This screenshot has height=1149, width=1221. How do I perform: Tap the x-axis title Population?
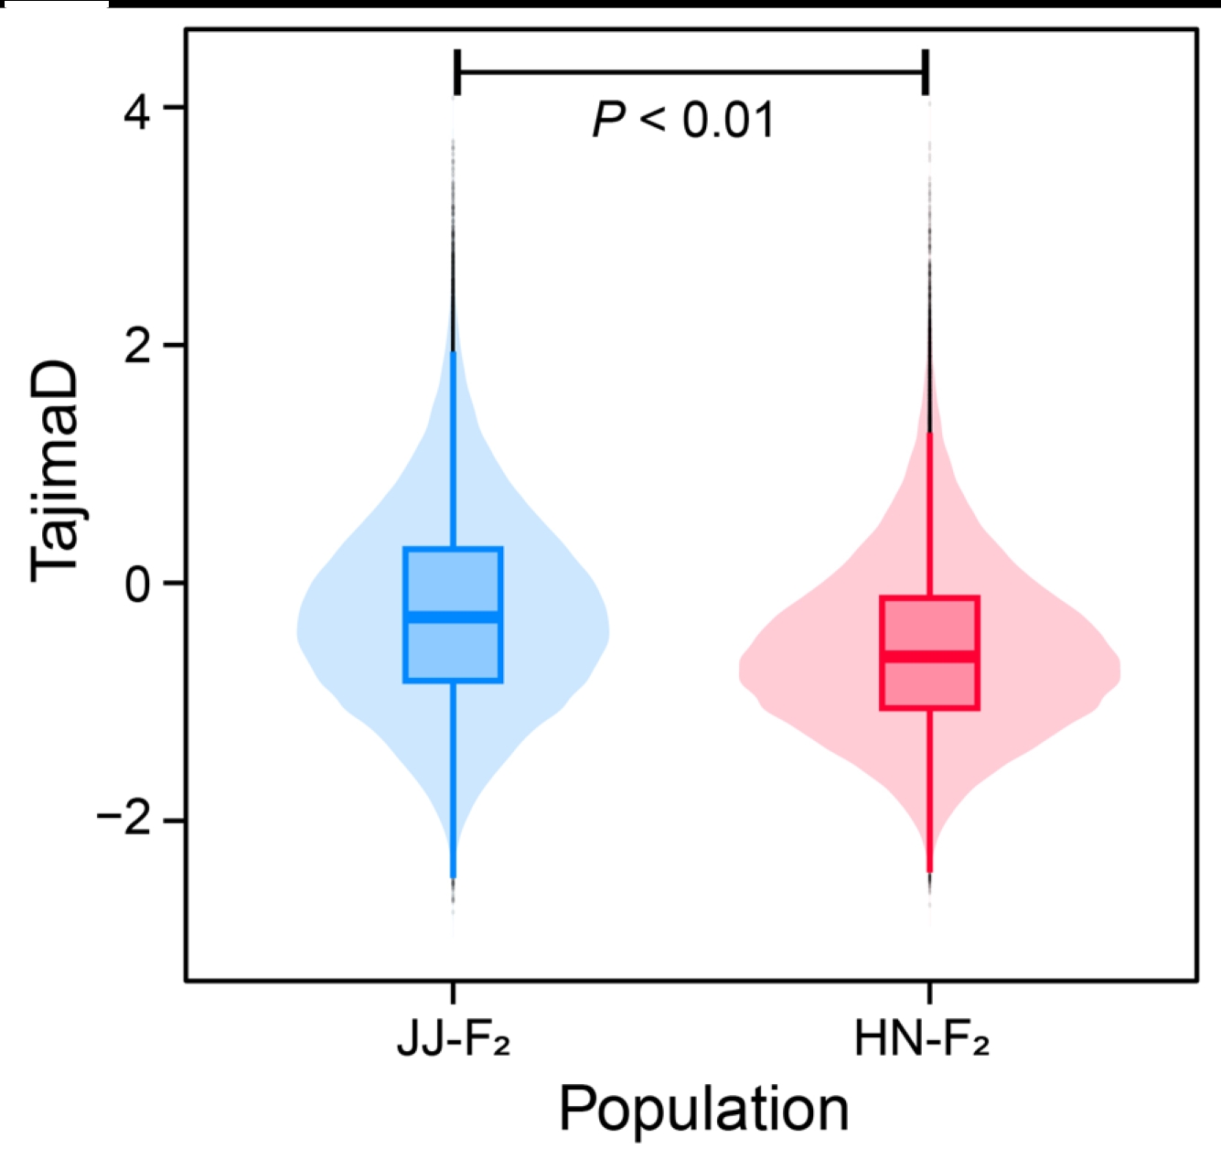(703, 1110)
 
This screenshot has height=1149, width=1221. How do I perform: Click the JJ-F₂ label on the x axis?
(454, 1040)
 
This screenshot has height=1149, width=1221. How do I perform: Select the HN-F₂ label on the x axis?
(922, 1040)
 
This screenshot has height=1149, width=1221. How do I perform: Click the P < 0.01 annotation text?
(683, 120)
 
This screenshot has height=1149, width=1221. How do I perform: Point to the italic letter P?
(609, 120)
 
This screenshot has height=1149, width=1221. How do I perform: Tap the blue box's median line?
(454, 617)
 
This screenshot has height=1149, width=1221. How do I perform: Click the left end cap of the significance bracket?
(457, 72)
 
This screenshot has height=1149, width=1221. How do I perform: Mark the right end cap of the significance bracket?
(926, 72)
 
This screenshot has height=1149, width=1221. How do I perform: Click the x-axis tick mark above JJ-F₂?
(454, 994)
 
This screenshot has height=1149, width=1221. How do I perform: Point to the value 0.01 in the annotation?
(729, 120)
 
